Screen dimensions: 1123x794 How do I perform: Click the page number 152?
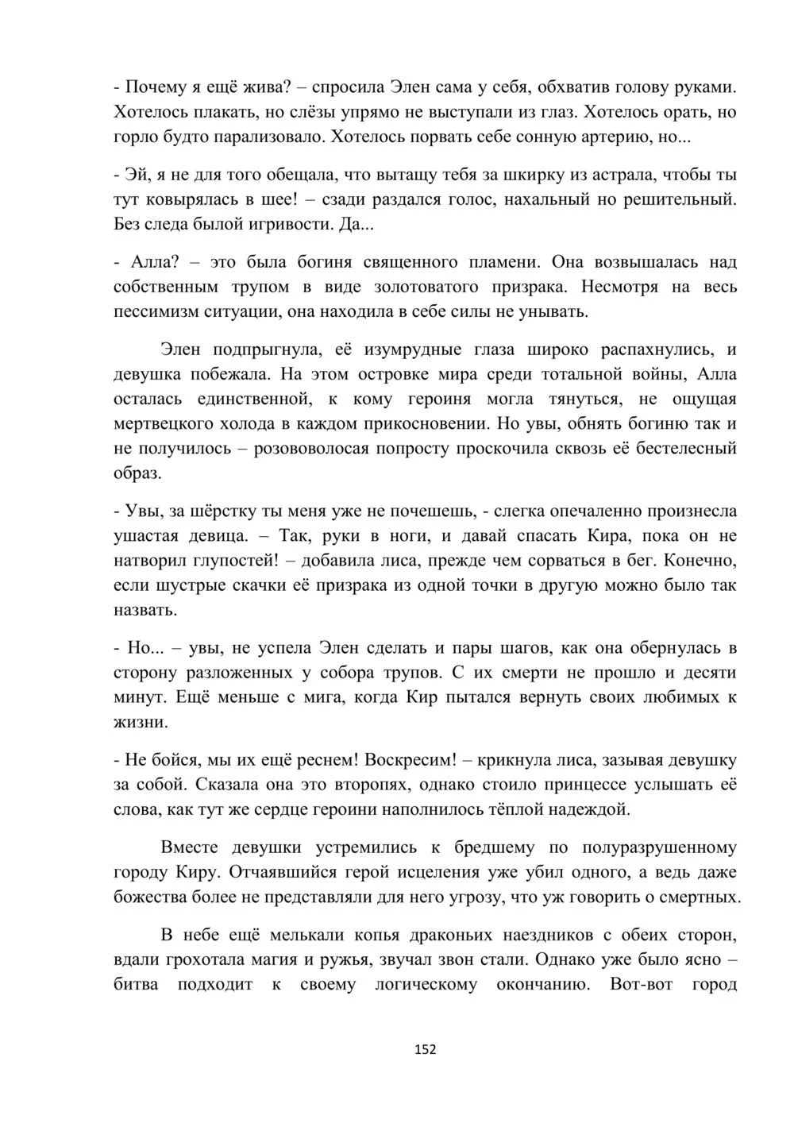pos(426,1050)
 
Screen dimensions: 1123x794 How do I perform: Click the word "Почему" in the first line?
pos(152,87)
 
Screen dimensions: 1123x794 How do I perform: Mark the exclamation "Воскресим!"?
pos(410,760)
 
